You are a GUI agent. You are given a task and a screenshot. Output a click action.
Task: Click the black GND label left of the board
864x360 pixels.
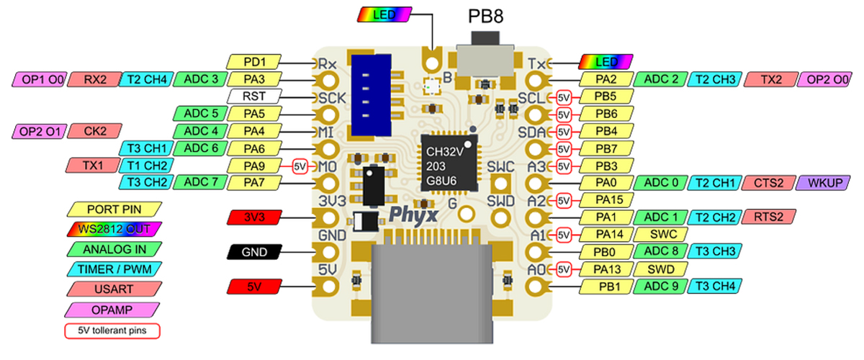(254, 252)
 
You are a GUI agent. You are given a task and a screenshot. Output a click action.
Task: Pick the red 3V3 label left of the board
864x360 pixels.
(254, 217)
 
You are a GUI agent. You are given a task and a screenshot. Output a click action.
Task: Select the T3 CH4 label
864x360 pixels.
(714, 287)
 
